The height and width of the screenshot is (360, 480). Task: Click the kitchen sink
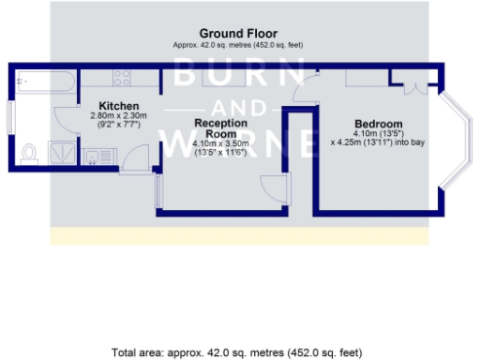pyautogui.click(x=94, y=155)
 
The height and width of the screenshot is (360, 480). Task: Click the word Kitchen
pyautogui.click(x=120, y=105)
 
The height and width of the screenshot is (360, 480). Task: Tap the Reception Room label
pyautogui.click(x=220, y=128)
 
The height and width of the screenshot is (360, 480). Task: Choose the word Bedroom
pyautogui.click(x=379, y=125)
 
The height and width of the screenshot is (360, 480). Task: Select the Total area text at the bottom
pyautogui.click(x=236, y=352)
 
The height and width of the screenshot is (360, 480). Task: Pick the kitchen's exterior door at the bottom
pyautogui.click(x=137, y=158)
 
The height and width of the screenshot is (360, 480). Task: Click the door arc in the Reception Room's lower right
pyautogui.click(x=272, y=187)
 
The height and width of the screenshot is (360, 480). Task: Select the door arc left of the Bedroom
pyautogui.click(x=306, y=90)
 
